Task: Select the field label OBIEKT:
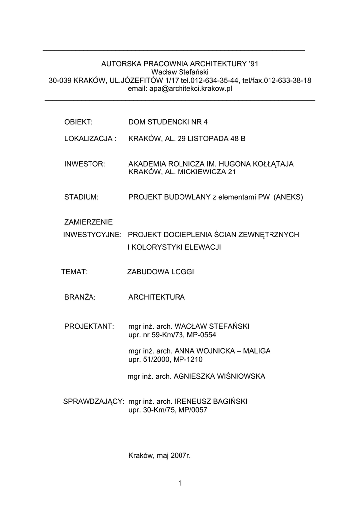(79, 122)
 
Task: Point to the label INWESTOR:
(85, 164)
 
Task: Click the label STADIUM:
(82, 197)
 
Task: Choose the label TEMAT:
(75, 272)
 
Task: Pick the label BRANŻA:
(80, 297)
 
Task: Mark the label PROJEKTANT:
(90, 326)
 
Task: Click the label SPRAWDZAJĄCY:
(93, 401)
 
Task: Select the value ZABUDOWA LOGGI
(161, 272)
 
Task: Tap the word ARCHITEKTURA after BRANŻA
(157, 297)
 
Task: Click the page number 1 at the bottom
(180, 483)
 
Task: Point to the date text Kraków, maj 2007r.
(160, 455)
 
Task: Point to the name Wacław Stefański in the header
(180, 72)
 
